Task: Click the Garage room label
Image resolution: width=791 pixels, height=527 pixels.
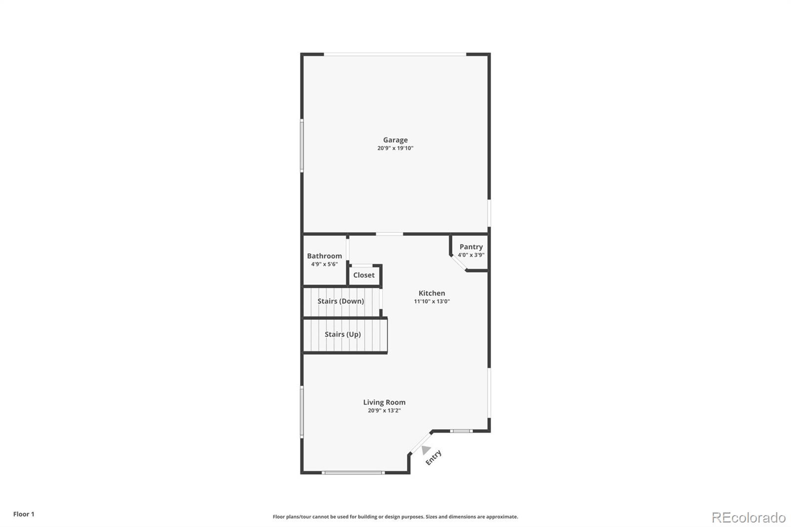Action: click(395, 140)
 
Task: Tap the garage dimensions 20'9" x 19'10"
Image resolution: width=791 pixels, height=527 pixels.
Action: click(395, 148)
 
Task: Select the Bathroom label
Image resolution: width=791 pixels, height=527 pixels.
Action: click(324, 256)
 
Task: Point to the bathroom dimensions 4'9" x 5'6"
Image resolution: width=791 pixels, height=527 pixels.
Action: click(324, 264)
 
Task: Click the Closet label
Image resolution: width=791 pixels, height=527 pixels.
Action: click(364, 275)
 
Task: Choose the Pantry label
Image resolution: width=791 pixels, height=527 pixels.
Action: click(471, 247)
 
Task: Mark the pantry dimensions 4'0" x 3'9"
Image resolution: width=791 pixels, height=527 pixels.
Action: click(471, 255)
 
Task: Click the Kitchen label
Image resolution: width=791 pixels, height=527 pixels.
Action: click(432, 293)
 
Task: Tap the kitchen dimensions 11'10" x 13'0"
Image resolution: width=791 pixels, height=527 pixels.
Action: click(432, 302)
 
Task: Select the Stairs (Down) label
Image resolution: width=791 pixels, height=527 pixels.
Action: click(341, 301)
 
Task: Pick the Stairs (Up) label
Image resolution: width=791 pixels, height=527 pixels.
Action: click(343, 334)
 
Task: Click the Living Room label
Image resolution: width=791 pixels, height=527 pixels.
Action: click(384, 402)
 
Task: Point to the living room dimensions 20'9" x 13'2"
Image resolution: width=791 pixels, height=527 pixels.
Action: click(384, 410)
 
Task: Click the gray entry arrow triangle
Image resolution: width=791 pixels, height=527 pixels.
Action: click(426, 449)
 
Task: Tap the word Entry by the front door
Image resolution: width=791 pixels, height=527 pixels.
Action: click(434, 458)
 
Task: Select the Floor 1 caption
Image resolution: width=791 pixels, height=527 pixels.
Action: click(24, 514)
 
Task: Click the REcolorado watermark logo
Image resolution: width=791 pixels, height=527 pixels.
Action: click(748, 518)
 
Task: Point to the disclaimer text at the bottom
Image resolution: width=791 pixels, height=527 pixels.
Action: click(395, 517)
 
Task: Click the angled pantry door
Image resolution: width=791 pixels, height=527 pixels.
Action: click(458, 263)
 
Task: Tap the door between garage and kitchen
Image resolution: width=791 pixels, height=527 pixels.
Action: click(390, 234)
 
